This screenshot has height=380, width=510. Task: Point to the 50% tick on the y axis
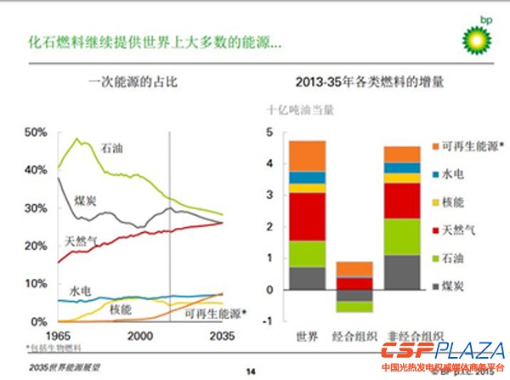click(36, 133)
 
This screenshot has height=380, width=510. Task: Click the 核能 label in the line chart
click(121, 310)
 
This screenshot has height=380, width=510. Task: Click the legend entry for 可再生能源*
click(464, 145)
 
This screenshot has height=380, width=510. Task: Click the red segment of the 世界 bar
click(308, 217)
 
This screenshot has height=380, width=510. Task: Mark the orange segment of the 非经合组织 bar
click(403, 154)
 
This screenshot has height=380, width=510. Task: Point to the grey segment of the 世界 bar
click(308, 278)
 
